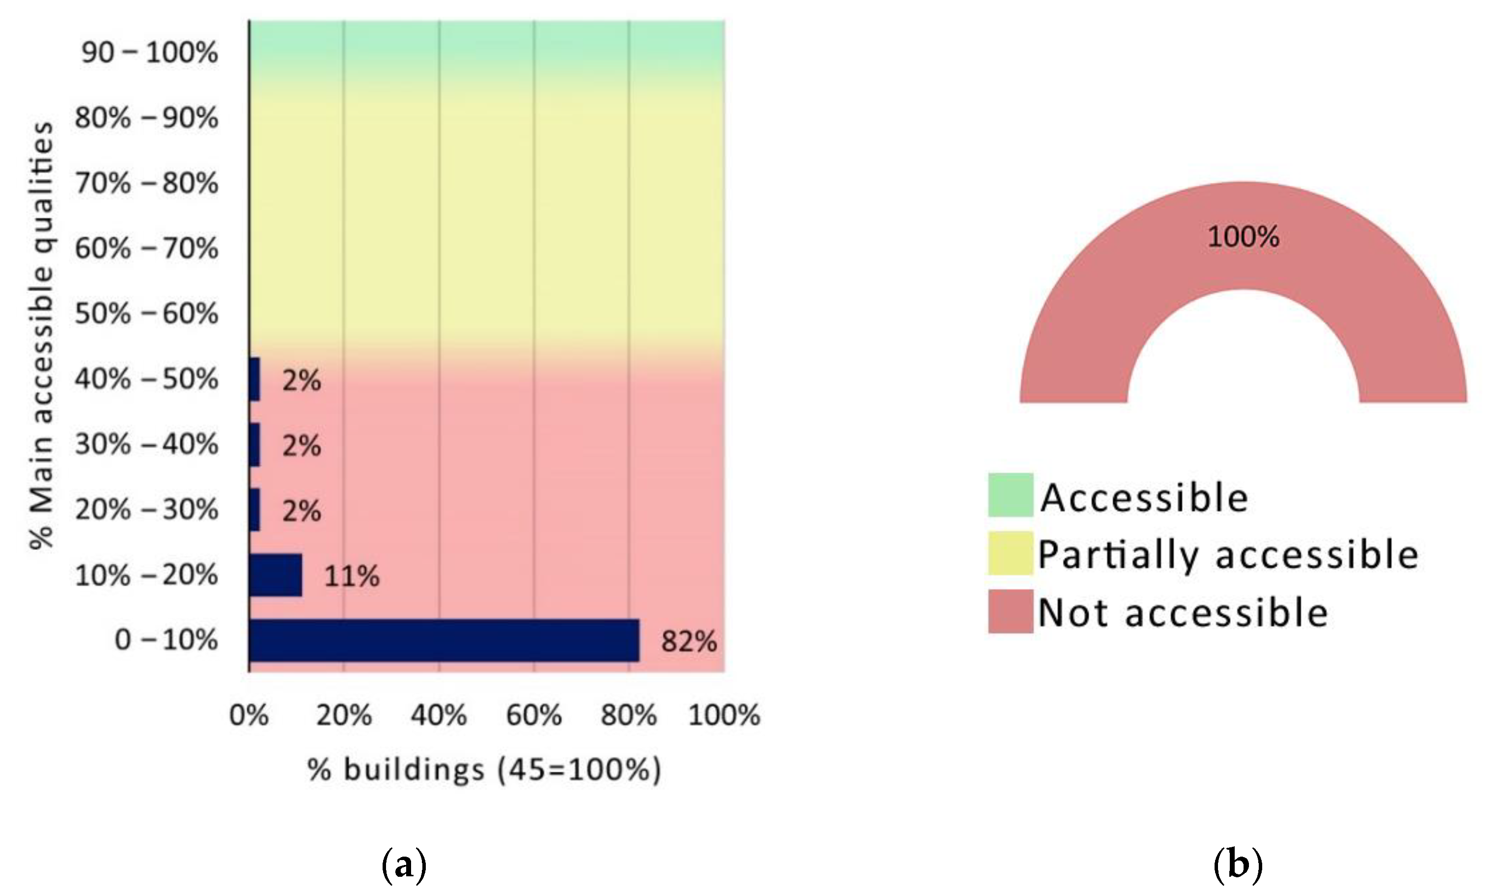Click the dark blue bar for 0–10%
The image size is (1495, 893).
pyautogui.click(x=444, y=640)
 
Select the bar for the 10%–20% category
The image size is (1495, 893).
pyautogui.click(x=276, y=576)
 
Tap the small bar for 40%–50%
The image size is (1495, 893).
pyautogui.click(x=254, y=379)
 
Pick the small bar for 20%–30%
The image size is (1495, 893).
pyautogui.click(x=254, y=510)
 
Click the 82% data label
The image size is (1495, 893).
pyautogui.click(x=689, y=641)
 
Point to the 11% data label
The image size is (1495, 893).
pyautogui.click(x=352, y=576)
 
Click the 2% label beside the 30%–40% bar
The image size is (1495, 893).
pyautogui.click(x=301, y=446)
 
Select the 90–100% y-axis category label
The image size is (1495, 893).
pyautogui.click(x=150, y=53)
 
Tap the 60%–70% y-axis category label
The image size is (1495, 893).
pyautogui.click(x=146, y=249)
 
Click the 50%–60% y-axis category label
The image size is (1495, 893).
pyautogui.click(x=146, y=314)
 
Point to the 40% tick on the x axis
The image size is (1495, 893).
pyautogui.click(x=439, y=716)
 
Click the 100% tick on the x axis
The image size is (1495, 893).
pyautogui.click(x=724, y=716)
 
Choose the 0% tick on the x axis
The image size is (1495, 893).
pyautogui.click(x=249, y=716)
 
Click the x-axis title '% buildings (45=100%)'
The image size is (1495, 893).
pyautogui.click(x=484, y=770)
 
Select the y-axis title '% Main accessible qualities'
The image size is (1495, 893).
pyautogui.click(x=42, y=336)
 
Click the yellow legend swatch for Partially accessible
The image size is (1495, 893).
pyautogui.click(x=1010, y=553)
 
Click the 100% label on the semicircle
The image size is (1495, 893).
pyautogui.click(x=1243, y=236)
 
